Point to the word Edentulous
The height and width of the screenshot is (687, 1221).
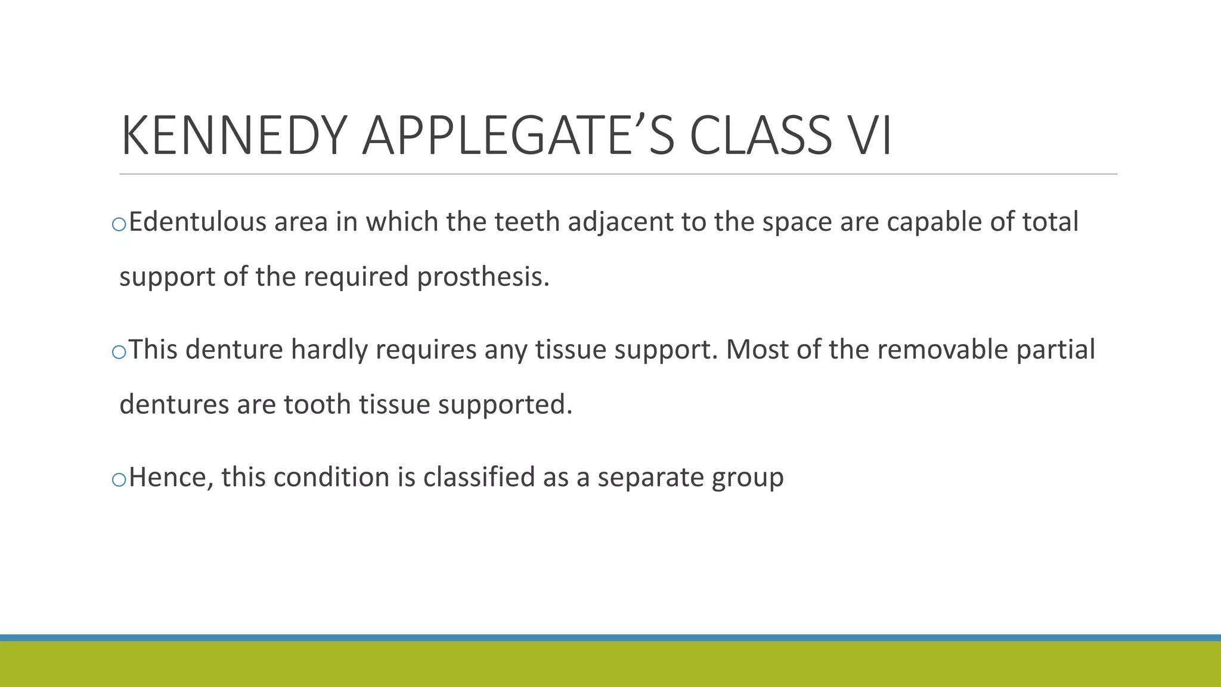tap(198, 222)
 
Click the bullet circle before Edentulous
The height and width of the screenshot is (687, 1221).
tap(119, 224)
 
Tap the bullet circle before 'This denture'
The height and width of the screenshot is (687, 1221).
tap(119, 352)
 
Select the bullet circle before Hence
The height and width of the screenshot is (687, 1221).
tap(119, 479)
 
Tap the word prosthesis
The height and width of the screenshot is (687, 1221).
tap(483, 277)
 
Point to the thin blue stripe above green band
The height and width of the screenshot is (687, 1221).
tap(610, 638)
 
